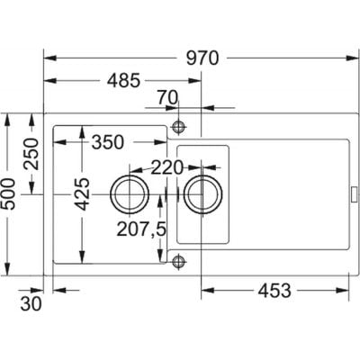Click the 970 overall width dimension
(202, 58)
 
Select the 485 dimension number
(124, 80)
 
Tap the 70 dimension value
(167, 98)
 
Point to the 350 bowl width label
(108, 142)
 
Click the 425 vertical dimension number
(82, 194)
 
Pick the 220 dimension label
(167, 167)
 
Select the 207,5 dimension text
(141, 229)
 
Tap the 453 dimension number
(274, 291)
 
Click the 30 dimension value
(31, 304)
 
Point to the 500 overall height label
(7, 194)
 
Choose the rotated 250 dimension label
(31, 154)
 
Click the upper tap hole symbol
(179, 127)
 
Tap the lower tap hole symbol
(179, 261)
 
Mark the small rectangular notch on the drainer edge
(354, 194)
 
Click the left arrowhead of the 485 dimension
(50, 80)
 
